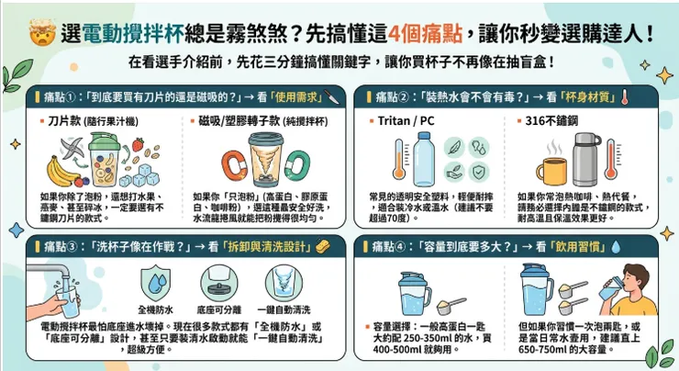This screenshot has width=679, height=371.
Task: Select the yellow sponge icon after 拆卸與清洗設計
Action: (x=322, y=245)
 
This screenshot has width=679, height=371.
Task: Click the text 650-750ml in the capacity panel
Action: (x=541, y=350)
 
